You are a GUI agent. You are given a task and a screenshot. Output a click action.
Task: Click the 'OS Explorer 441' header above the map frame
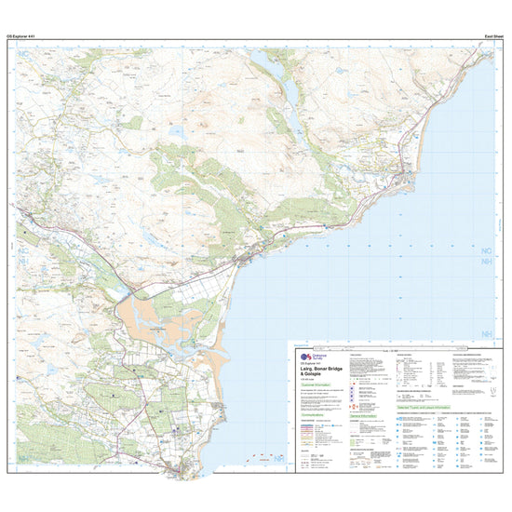22,35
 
